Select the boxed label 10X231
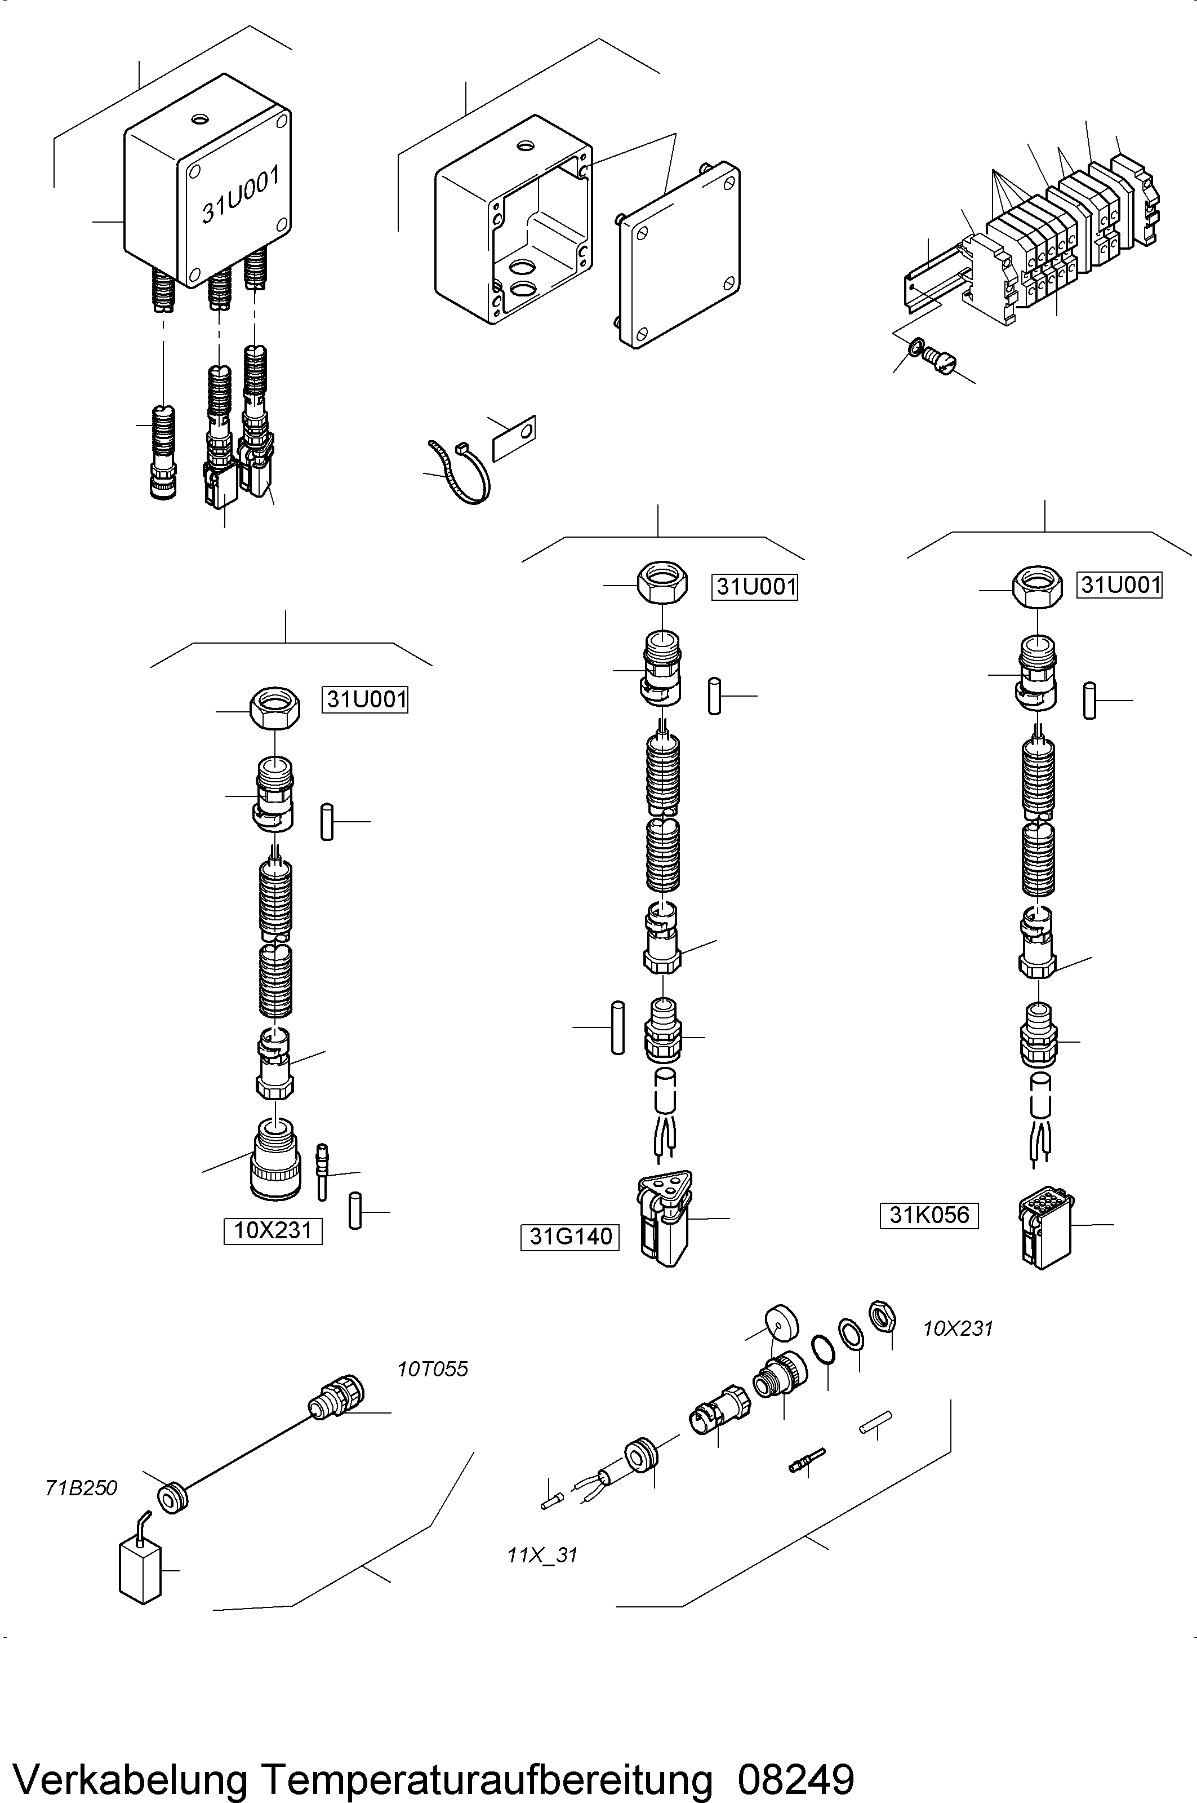[273, 1230]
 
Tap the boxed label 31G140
[570, 1237]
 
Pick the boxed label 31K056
[929, 1215]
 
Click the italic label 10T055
[432, 1369]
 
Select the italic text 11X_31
[542, 1555]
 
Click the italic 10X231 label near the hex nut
[957, 1329]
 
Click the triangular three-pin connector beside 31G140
[664, 1217]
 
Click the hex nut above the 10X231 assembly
[275, 708]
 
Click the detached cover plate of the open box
[678, 256]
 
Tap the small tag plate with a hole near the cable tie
[514, 439]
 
